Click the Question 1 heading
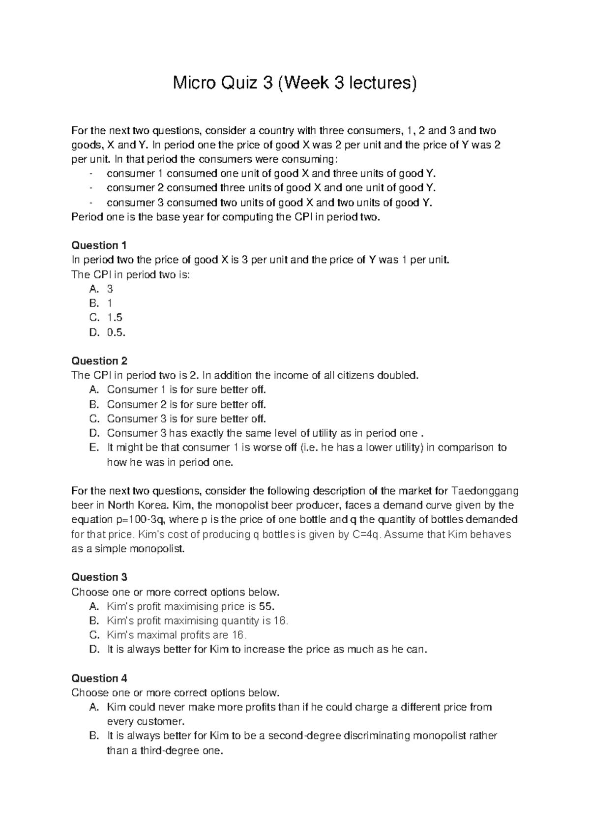(99, 245)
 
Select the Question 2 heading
(99, 361)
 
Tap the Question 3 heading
(99, 577)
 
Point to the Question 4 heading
(99, 679)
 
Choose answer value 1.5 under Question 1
(115, 318)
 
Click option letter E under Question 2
(94, 447)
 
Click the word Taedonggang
(485, 491)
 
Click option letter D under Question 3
(94, 650)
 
